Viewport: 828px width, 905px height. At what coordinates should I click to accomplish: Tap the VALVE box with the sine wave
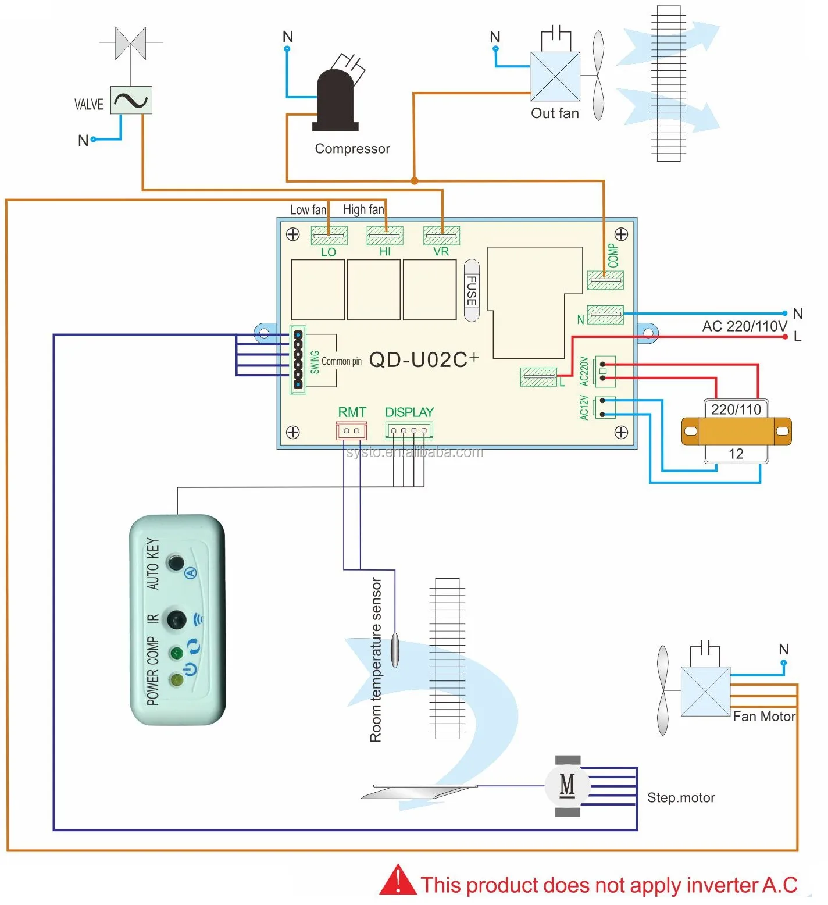click(x=131, y=101)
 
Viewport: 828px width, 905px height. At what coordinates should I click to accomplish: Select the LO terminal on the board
click(x=329, y=236)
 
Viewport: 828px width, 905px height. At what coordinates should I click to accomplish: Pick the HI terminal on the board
click(x=385, y=236)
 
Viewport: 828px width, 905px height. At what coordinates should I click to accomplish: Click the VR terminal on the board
click(x=441, y=236)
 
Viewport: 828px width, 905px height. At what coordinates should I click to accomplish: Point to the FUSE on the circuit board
click(x=472, y=290)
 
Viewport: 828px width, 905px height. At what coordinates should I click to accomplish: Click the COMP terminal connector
click(x=605, y=280)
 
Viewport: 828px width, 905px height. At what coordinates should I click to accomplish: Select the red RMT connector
click(x=351, y=431)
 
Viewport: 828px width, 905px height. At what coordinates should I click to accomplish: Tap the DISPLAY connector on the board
click(x=409, y=431)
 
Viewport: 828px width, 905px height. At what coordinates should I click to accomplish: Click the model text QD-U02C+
click(x=424, y=360)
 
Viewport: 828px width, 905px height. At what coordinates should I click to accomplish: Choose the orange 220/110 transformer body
click(x=736, y=431)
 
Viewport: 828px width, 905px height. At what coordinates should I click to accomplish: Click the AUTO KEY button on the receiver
click(x=175, y=562)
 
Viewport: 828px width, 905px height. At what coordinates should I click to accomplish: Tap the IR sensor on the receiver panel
click(x=177, y=619)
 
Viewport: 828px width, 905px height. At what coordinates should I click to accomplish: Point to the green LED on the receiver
click(x=176, y=653)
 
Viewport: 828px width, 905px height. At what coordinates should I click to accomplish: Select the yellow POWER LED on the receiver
click(x=176, y=679)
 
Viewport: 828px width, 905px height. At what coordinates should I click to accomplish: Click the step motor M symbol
click(x=567, y=786)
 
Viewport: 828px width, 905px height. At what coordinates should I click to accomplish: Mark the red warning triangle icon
click(x=398, y=881)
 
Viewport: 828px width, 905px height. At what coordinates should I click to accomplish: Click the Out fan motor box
click(x=555, y=77)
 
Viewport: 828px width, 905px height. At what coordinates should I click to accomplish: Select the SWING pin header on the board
click(x=298, y=359)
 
